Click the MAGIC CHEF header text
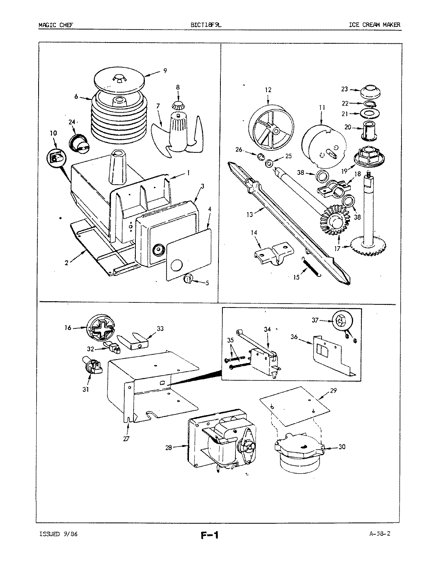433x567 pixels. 56,25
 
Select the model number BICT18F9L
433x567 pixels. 207,25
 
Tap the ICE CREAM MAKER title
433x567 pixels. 374,25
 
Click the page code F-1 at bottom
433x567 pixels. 209,535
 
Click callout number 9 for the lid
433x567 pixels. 165,71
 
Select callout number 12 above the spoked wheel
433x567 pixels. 268,90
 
